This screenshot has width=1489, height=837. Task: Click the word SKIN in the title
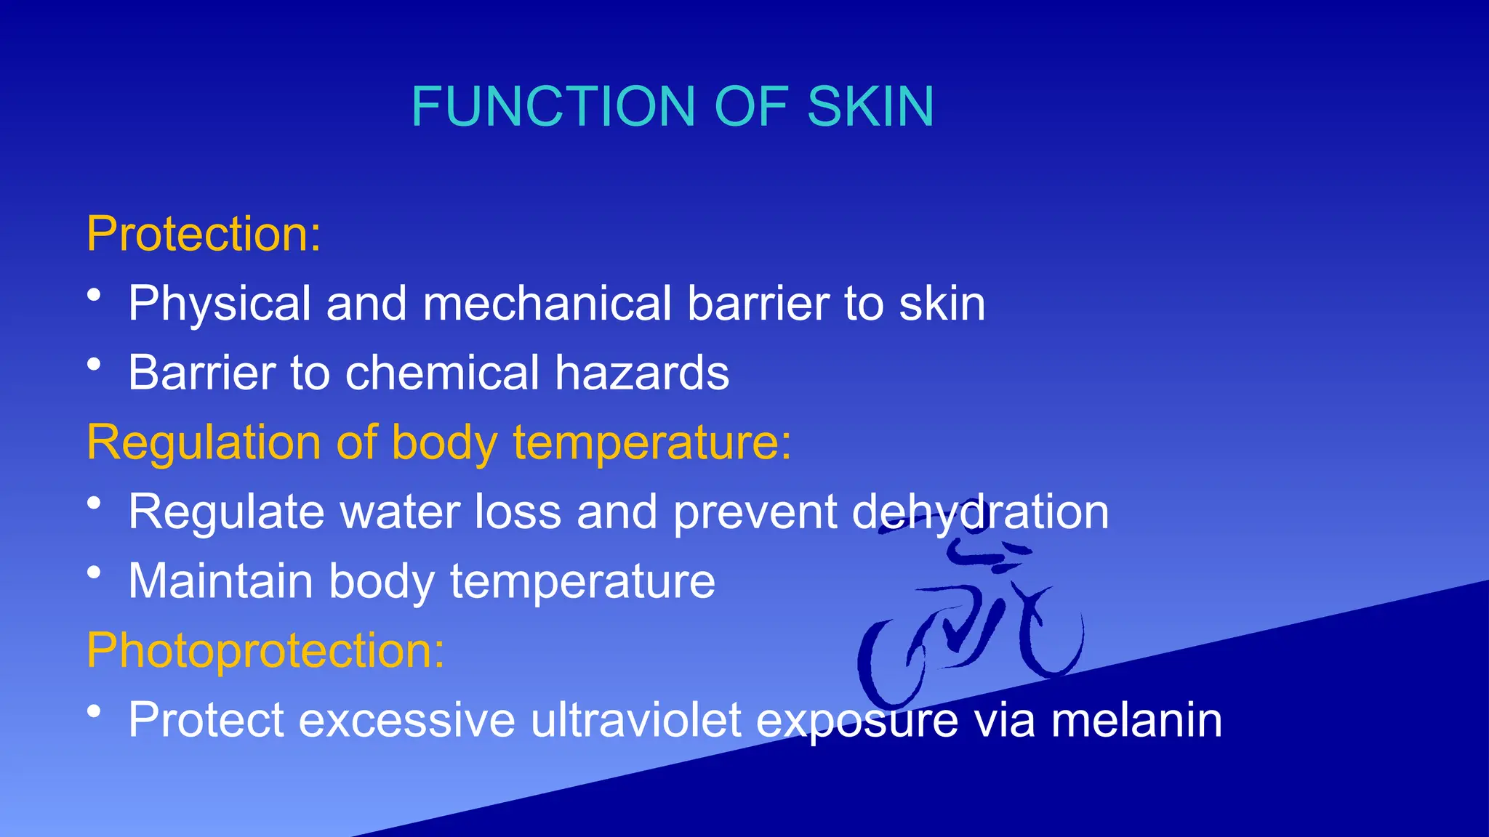[x=870, y=107]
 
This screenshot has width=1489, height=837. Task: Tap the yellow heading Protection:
[x=204, y=234]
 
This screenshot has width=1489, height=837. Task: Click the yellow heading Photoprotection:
[x=265, y=650]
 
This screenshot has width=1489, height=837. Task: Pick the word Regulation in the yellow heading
[x=204, y=442]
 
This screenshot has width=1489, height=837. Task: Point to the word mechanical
[x=547, y=303]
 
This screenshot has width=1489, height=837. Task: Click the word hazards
[x=642, y=373]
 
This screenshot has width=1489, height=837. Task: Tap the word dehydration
[x=980, y=512]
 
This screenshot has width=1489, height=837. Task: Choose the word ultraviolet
[x=636, y=720]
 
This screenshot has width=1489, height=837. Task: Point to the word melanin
[x=1136, y=720]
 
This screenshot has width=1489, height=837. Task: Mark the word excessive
[x=407, y=720]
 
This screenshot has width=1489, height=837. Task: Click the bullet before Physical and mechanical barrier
[x=94, y=295]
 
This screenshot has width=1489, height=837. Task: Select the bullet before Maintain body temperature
[x=94, y=573]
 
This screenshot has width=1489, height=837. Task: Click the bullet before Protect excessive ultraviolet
[x=94, y=712]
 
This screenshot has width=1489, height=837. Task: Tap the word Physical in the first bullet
[x=220, y=304]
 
